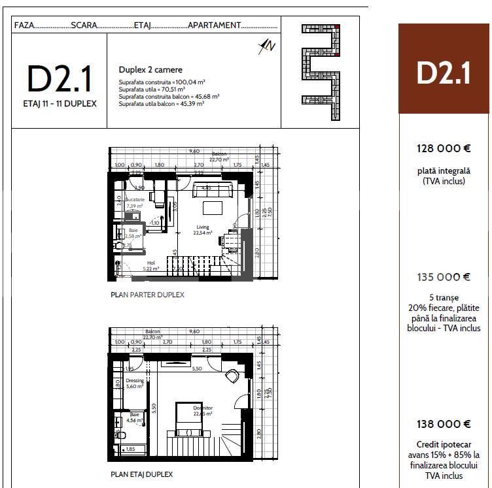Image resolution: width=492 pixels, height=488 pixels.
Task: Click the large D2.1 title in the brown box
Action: pos(444,73)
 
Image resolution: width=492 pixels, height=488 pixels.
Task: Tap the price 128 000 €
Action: pos(444,148)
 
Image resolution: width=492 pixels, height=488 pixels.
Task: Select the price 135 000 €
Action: pos(444,277)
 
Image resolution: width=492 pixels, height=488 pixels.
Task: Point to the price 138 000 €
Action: pos(444,424)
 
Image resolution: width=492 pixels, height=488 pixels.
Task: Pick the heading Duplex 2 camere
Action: pos(150,69)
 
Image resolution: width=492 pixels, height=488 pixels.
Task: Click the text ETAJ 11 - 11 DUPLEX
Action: pos(60,104)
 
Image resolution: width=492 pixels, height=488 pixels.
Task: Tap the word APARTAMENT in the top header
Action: pos(214,25)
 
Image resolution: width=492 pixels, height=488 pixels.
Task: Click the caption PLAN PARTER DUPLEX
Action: pos(147,295)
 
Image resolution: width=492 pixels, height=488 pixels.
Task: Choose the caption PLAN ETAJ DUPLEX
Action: pos(142,474)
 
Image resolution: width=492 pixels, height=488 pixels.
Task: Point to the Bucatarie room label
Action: pos(135,199)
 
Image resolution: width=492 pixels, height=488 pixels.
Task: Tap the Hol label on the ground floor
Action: pos(150,263)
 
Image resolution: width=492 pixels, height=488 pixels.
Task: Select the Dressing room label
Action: pos(135,381)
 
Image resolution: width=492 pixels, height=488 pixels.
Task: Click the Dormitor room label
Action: pos(203,408)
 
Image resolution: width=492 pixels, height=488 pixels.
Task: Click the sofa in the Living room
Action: pos(211,191)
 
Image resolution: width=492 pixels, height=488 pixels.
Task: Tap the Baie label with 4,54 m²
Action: pos(134,415)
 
